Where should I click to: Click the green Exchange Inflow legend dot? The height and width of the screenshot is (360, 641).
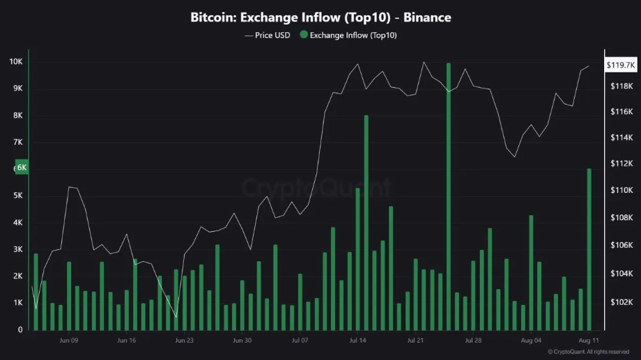(304, 35)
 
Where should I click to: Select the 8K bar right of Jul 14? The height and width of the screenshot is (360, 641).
(366, 223)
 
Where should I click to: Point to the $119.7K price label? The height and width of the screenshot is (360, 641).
(619, 65)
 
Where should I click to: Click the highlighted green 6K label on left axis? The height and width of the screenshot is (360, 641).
(21, 168)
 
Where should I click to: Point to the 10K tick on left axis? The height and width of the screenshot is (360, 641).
(15, 62)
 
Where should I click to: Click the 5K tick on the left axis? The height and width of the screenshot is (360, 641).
(17, 196)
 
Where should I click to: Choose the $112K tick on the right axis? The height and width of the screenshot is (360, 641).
(620, 164)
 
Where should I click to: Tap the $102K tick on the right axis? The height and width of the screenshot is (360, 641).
(620, 303)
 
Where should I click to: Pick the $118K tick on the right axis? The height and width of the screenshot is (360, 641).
(620, 86)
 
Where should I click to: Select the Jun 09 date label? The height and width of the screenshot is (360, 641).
(69, 341)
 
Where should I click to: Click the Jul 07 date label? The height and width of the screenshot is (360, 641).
(300, 341)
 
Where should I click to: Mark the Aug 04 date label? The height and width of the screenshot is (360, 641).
(531, 341)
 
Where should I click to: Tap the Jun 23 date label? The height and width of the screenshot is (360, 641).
(184, 341)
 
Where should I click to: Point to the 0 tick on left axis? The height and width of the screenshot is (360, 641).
(20, 329)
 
